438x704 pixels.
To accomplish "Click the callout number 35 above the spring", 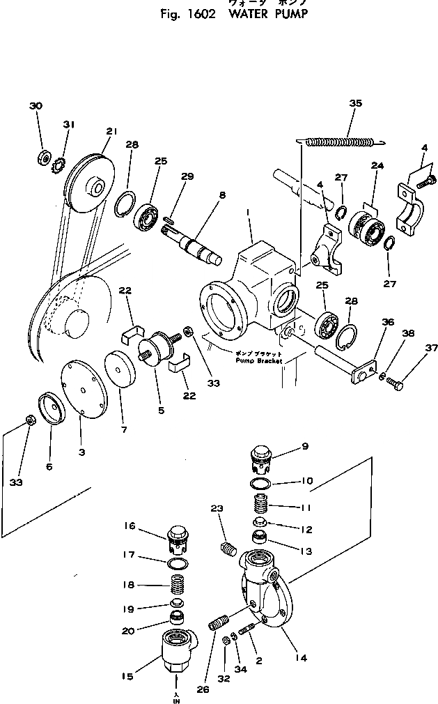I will tap(356, 103).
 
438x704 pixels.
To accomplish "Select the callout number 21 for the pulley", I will tap(111, 132).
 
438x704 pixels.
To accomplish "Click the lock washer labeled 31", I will tap(57, 164).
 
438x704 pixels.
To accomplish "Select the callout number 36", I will tap(388, 321).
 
